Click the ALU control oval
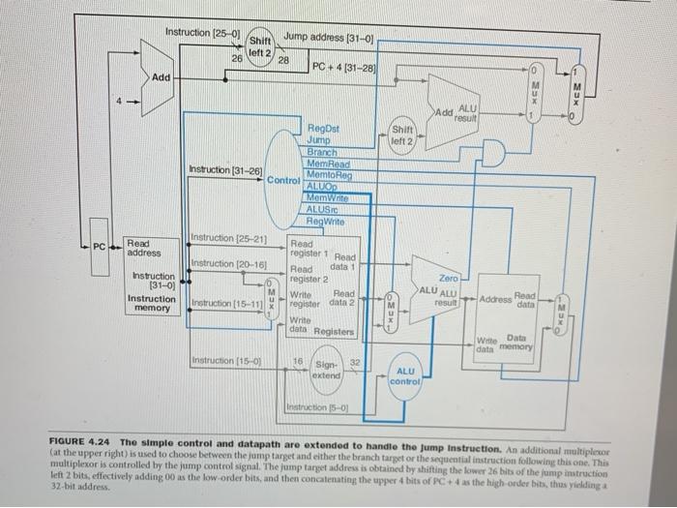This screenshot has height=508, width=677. (x=406, y=376)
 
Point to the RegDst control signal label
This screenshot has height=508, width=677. (x=322, y=128)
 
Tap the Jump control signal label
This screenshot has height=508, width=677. (x=319, y=140)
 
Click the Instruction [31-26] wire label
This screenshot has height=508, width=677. (x=226, y=171)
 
